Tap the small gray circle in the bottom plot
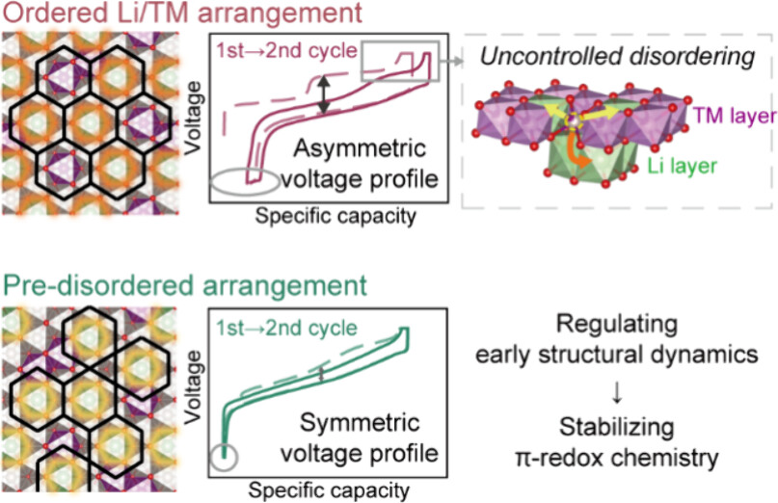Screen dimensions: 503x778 point(224,458)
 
